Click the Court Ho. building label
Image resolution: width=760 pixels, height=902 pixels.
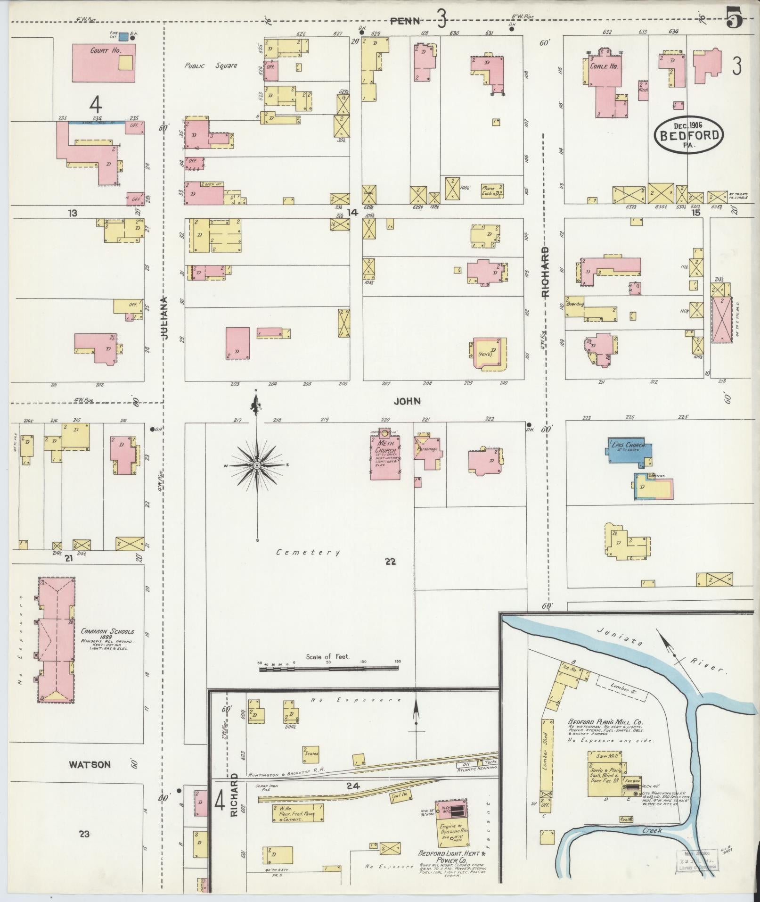(x=99, y=50)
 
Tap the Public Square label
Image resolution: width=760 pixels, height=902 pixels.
(x=211, y=66)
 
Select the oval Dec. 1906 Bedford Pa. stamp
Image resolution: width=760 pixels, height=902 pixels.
(x=688, y=134)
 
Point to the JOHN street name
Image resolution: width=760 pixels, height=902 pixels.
(x=408, y=401)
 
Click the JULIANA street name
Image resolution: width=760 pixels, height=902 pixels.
(x=163, y=318)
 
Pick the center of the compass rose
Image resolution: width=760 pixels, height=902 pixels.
(x=257, y=466)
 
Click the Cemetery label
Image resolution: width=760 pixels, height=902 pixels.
(x=308, y=552)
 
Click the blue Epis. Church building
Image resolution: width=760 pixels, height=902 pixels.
(x=629, y=451)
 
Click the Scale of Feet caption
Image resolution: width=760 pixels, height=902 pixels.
(x=327, y=656)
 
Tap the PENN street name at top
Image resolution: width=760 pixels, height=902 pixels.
(x=406, y=20)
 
